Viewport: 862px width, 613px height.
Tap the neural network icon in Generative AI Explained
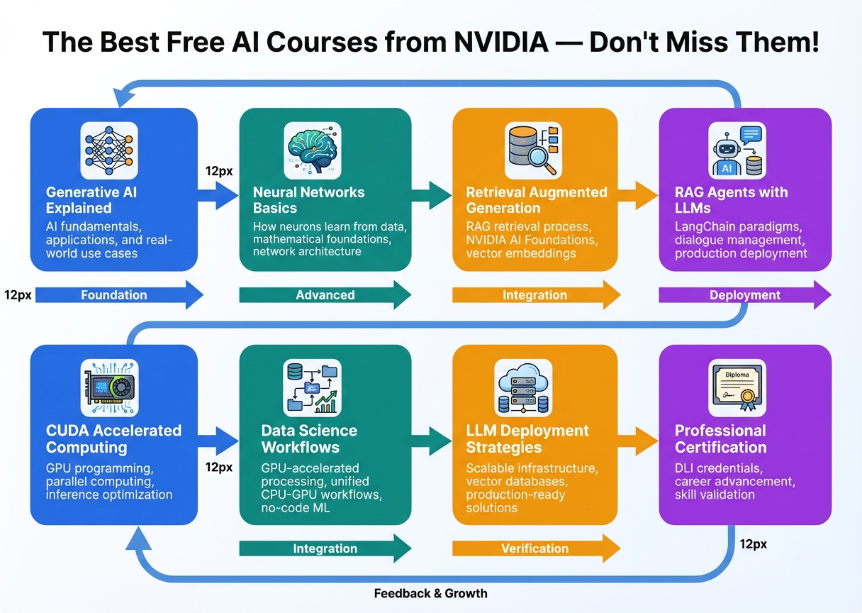click(x=108, y=150)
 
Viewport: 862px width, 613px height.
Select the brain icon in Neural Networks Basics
click(x=313, y=150)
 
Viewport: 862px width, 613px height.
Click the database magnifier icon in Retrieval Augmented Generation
click(x=532, y=150)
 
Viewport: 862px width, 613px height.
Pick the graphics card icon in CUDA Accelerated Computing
click(x=108, y=387)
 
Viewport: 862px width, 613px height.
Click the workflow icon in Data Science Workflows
click(x=313, y=387)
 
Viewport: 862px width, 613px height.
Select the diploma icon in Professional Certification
click(x=737, y=387)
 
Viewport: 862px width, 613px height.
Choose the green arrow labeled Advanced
click(x=325, y=295)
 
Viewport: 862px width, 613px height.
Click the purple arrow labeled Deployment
click(x=744, y=295)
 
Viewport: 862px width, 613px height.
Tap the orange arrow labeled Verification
click(x=536, y=548)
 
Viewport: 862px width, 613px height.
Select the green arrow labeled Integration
click(x=325, y=548)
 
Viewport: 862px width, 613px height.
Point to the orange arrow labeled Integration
click(x=536, y=295)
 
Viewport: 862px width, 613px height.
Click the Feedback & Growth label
click(x=430, y=593)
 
